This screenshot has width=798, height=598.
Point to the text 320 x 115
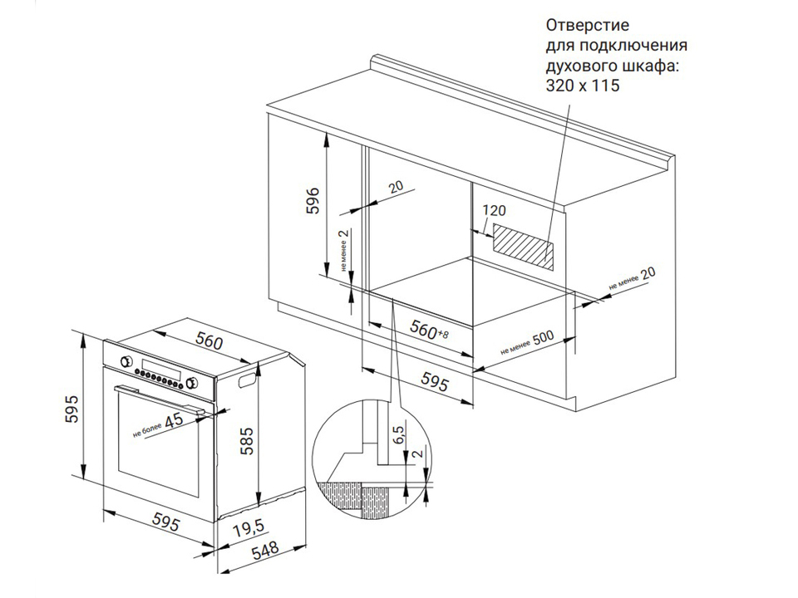point(583,86)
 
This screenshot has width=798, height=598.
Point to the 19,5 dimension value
point(249,529)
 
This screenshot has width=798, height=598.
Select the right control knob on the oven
point(193,383)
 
